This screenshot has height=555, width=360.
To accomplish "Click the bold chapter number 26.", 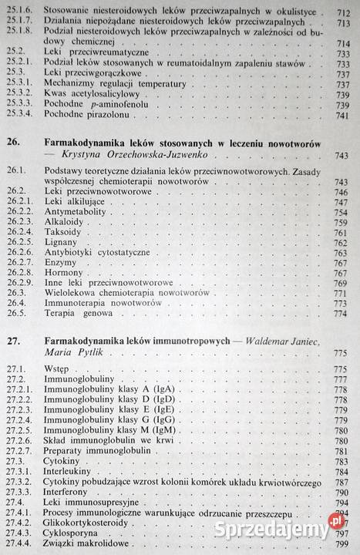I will point(13,142).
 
